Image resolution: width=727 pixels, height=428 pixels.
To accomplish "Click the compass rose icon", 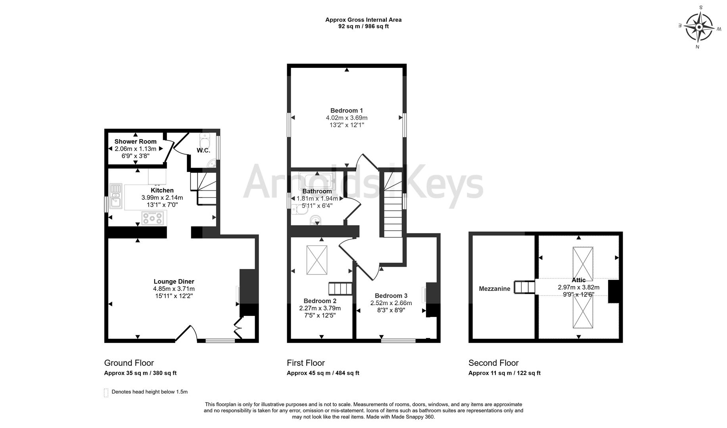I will click(x=699, y=27).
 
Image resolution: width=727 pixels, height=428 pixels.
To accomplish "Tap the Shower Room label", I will click(x=135, y=141).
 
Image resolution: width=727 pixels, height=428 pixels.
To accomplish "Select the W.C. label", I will click(x=203, y=151).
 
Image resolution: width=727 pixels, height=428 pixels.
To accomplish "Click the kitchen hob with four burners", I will click(x=153, y=218).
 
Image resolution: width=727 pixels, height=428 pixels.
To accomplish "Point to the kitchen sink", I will click(x=116, y=196).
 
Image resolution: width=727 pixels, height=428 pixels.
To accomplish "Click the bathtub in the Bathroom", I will click(x=317, y=181).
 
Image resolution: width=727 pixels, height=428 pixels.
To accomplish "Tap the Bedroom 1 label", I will click(x=346, y=111).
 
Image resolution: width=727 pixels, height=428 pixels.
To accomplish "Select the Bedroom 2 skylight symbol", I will click(x=317, y=260).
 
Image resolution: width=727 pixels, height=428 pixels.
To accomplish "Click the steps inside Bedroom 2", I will click(x=341, y=289).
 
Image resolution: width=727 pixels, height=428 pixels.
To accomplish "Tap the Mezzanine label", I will click(x=494, y=289).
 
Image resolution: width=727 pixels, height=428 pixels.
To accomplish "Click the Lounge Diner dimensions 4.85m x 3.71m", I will click(x=174, y=289).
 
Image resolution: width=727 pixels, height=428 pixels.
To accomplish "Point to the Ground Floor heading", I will click(x=129, y=363).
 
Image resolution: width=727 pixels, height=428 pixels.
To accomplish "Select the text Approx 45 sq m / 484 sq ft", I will click(x=323, y=373).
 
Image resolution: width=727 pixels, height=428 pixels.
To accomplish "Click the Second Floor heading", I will click(x=493, y=363).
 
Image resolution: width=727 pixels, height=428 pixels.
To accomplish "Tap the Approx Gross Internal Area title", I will click(x=363, y=20).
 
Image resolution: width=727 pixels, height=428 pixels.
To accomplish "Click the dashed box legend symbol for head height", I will click(x=106, y=392).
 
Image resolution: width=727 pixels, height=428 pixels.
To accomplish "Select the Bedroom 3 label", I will click(x=391, y=296).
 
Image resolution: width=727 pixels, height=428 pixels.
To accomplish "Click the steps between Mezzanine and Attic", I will click(x=524, y=287).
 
